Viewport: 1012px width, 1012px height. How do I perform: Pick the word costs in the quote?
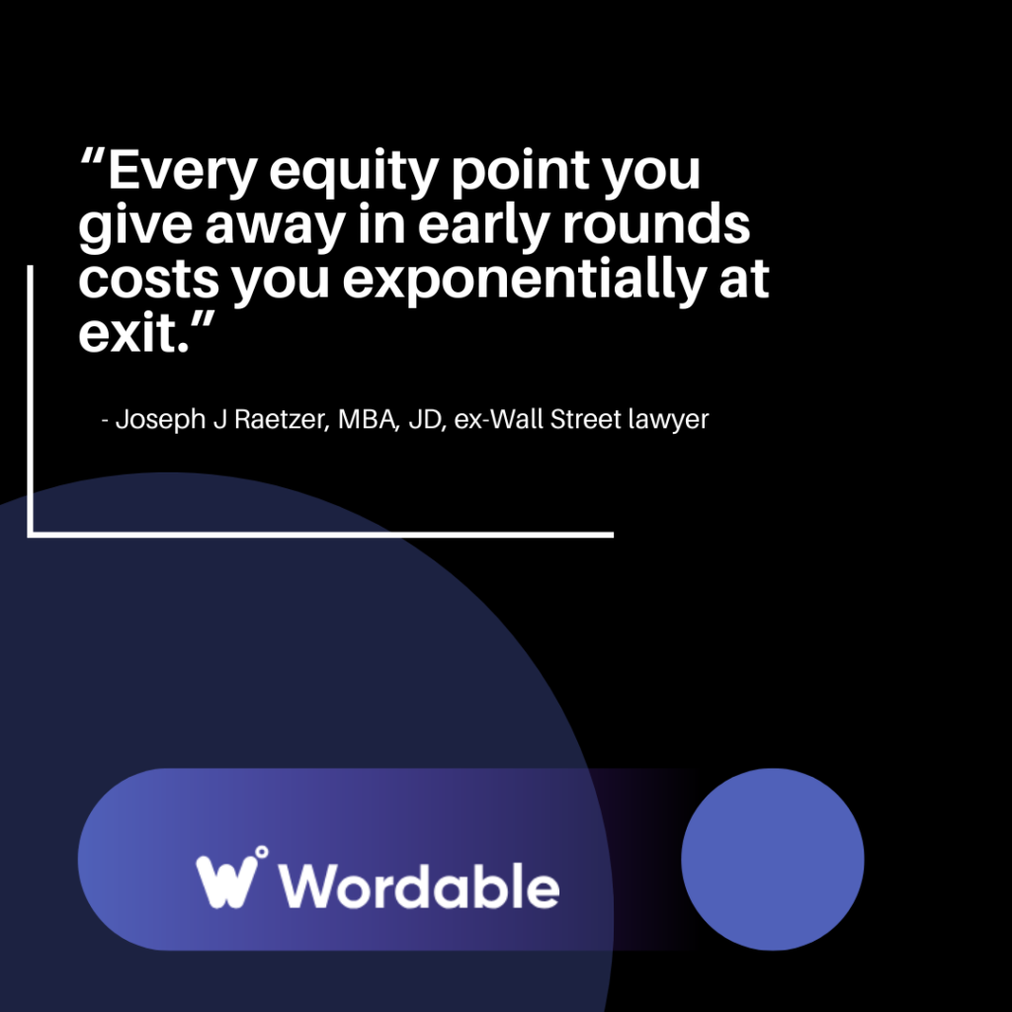click(x=146, y=281)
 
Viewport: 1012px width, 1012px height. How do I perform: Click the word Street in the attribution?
click(x=583, y=419)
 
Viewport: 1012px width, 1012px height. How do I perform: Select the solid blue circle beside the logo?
click(x=773, y=859)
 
